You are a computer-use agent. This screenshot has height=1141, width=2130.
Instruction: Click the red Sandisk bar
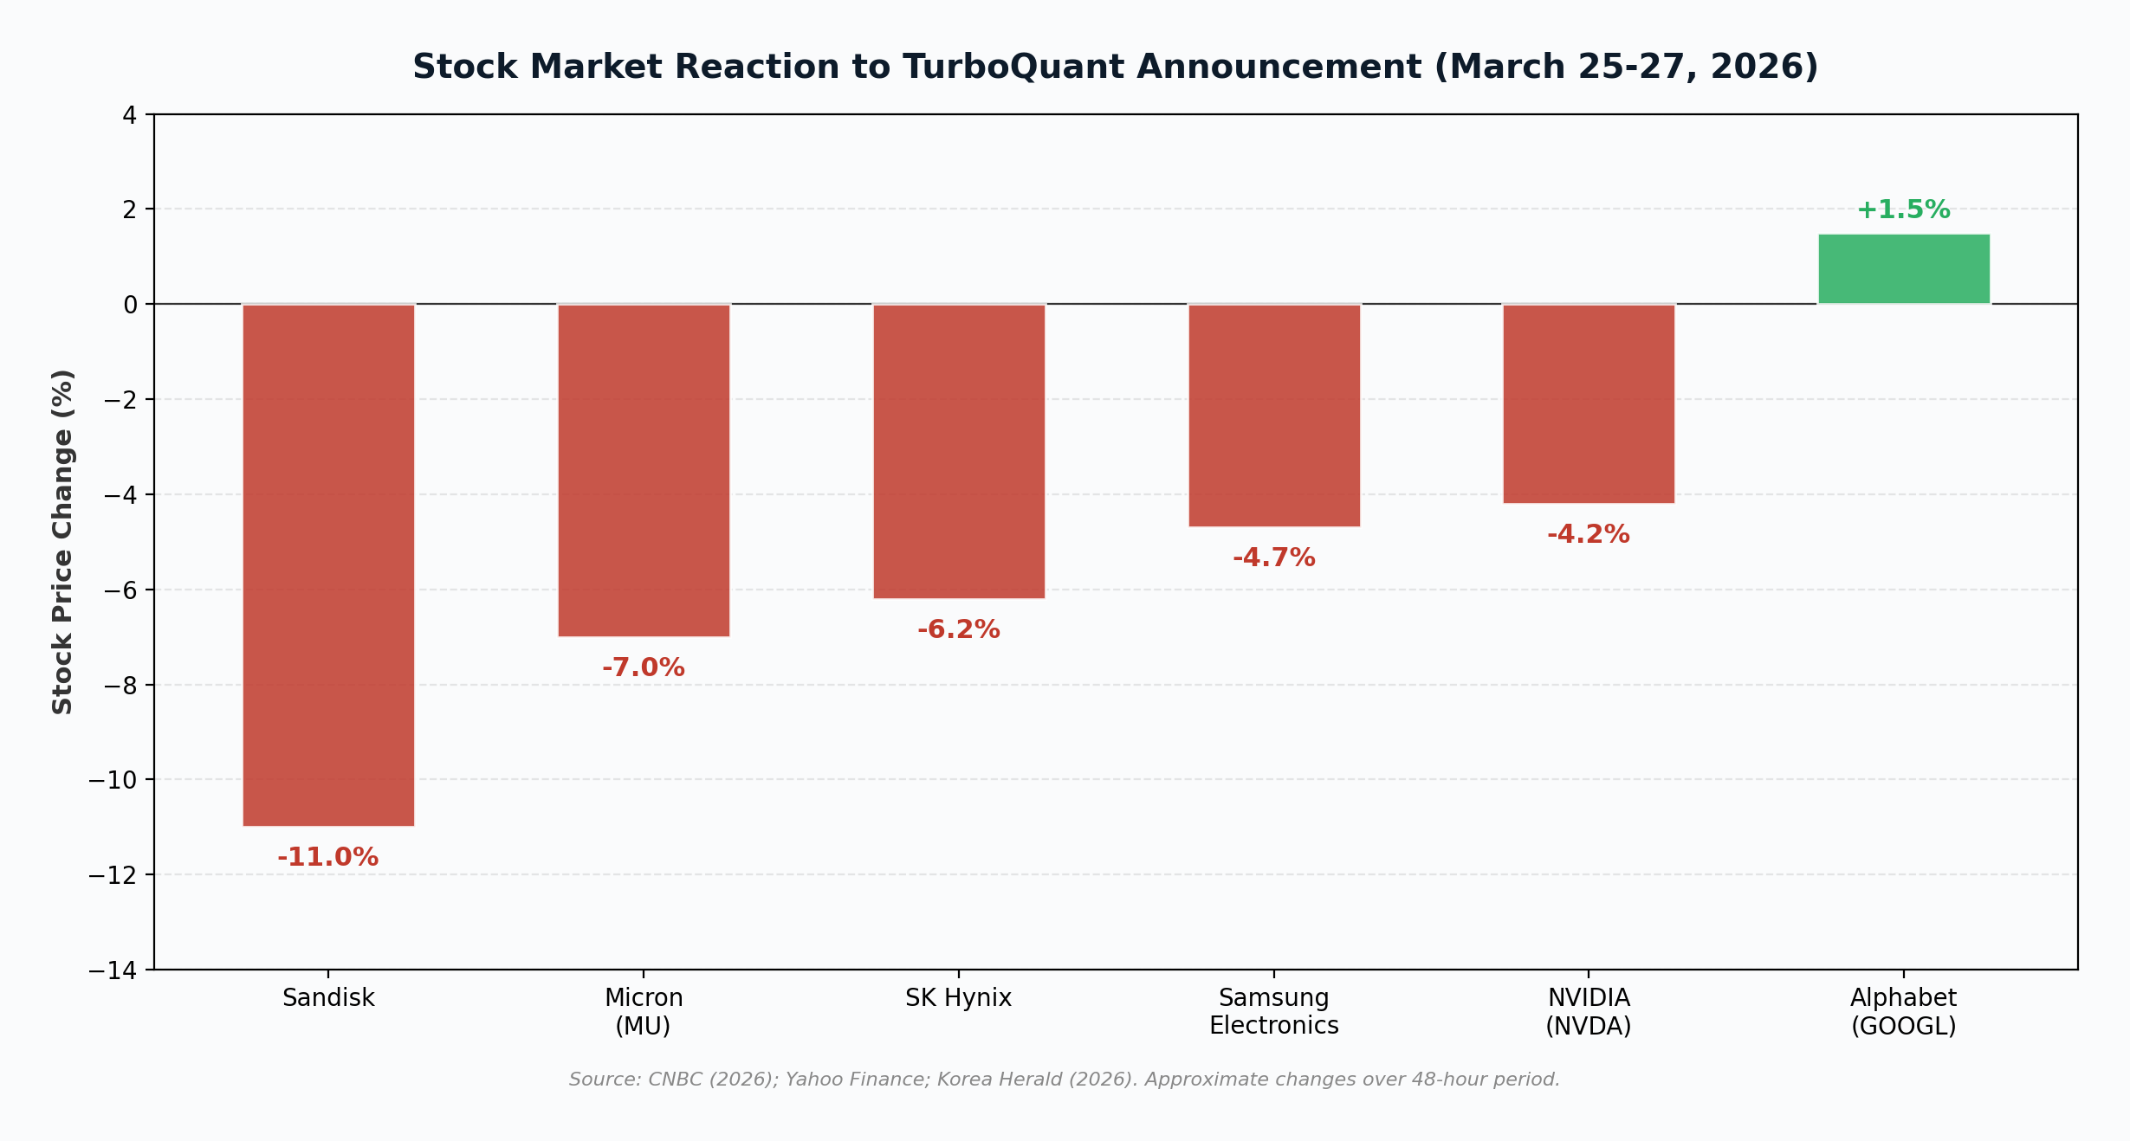click(x=328, y=564)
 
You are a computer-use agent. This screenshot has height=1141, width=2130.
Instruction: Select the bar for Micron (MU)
click(x=644, y=470)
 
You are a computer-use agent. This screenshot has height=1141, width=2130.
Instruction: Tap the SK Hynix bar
click(x=959, y=451)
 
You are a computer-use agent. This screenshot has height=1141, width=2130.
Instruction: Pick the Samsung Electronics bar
click(x=1274, y=415)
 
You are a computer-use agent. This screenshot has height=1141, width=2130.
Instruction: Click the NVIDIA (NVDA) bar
click(x=1589, y=403)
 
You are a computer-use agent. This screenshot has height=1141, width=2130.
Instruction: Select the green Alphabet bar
click(x=1904, y=269)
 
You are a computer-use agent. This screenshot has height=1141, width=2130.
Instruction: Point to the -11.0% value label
click(x=328, y=857)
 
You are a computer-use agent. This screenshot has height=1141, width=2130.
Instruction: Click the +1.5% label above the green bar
click(x=1904, y=210)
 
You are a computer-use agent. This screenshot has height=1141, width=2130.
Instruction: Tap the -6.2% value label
click(x=959, y=629)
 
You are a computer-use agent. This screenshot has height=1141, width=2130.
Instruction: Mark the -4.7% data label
click(x=1274, y=558)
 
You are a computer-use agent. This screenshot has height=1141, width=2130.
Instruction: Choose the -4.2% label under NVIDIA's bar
click(x=1589, y=534)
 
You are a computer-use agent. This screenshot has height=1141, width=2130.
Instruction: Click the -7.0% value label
click(x=644, y=667)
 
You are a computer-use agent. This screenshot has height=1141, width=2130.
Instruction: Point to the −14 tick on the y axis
click(x=113, y=970)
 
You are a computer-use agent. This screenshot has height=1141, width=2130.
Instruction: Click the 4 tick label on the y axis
click(x=129, y=115)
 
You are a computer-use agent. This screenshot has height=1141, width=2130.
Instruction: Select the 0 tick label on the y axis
click(x=130, y=305)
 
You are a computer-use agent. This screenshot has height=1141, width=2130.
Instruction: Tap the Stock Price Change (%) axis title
click(x=62, y=542)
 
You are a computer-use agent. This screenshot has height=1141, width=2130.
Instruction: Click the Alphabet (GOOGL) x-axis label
click(x=1904, y=1011)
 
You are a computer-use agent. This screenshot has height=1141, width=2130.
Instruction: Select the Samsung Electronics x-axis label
click(x=1274, y=1011)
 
